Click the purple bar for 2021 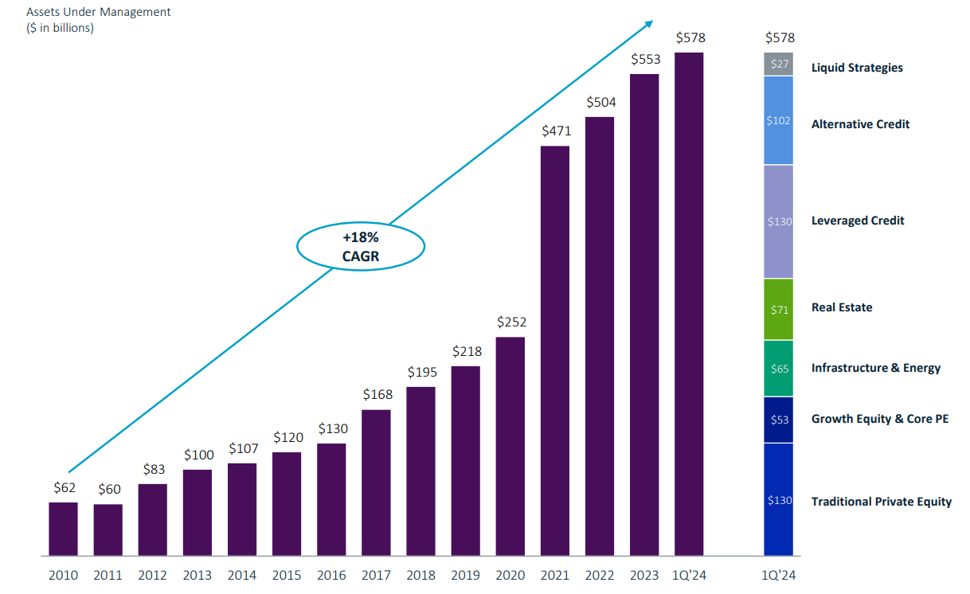click(555, 350)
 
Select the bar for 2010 click(63, 529)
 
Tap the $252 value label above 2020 click(510, 322)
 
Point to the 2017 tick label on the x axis click(376, 575)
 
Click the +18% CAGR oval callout click(361, 246)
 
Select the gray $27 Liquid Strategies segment click(779, 64)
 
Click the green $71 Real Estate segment click(779, 310)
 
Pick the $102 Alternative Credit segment click(779, 121)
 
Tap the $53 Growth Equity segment click(779, 420)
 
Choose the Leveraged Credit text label click(857, 221)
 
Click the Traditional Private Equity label click(881, 501)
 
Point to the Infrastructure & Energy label click(875, 368)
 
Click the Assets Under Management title click(99, 12)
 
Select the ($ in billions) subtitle click(61, 28)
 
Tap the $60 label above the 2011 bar click(109, 489)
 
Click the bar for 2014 click(242, 509)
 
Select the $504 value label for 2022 click(600, 102)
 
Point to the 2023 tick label click(644, 575)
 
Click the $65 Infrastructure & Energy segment click(779, 369)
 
